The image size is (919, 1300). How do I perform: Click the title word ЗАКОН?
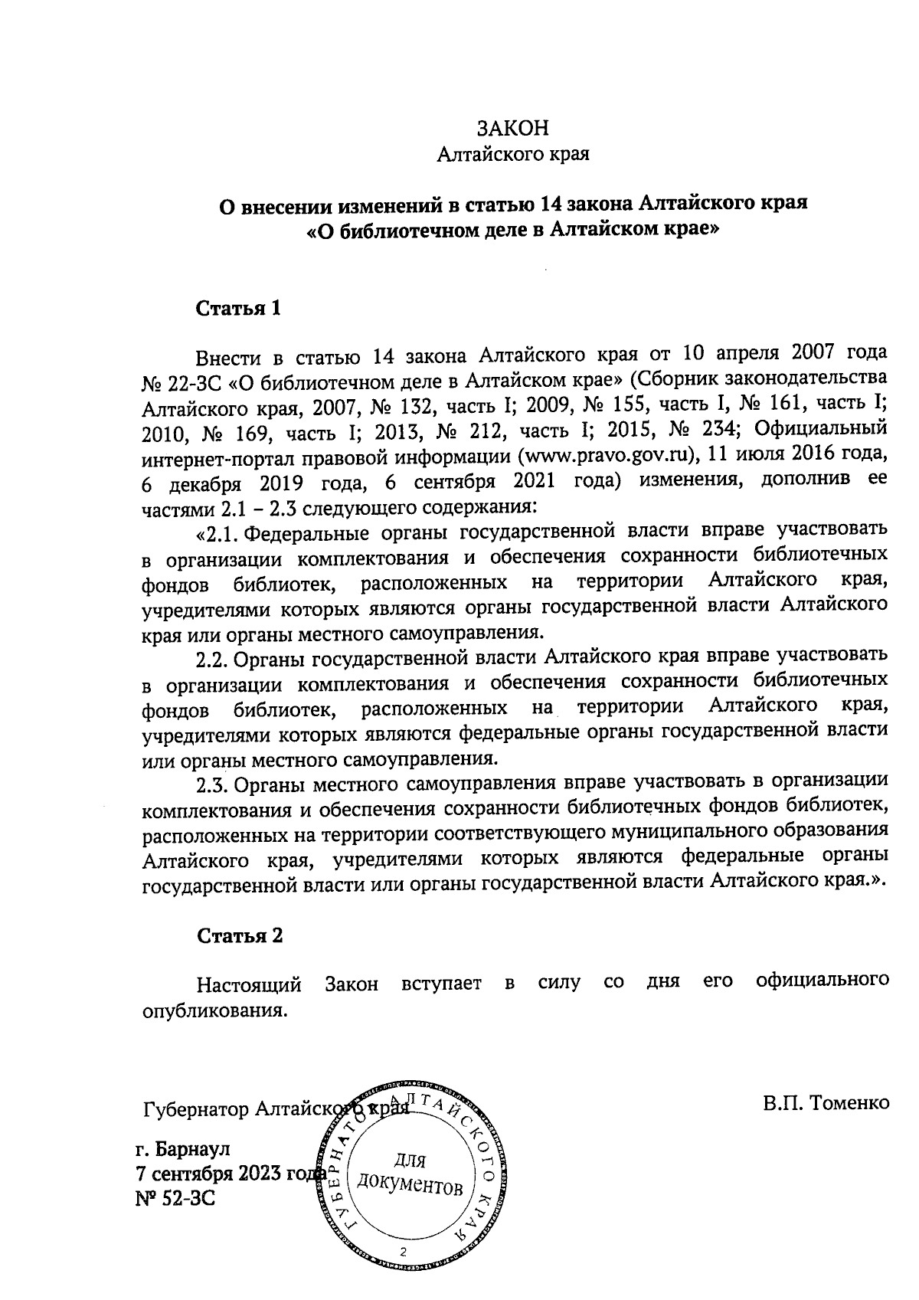513,127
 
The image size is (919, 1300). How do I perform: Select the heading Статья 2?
240,935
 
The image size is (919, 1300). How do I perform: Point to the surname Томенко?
848,1103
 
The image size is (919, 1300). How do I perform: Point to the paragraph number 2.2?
212,657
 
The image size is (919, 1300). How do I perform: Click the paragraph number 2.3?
212,784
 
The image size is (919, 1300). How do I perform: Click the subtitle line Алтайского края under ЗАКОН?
512,156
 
